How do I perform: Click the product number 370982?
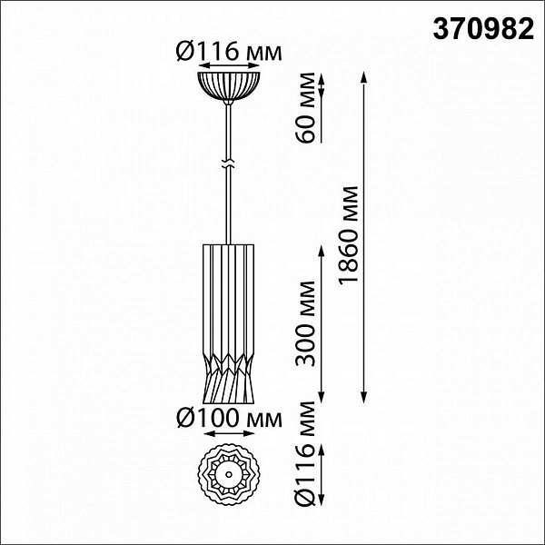coord(483,28)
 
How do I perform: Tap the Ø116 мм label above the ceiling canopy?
coord(229,51)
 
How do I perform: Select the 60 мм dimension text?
coord(305,107)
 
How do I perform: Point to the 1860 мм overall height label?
coord(348,235)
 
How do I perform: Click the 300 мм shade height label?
coord(305,323)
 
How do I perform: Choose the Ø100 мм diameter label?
coord(229,418)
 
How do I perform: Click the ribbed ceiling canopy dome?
coord(229,87)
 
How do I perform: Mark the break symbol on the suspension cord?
coord(228,164)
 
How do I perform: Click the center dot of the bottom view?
coord(229,474)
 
